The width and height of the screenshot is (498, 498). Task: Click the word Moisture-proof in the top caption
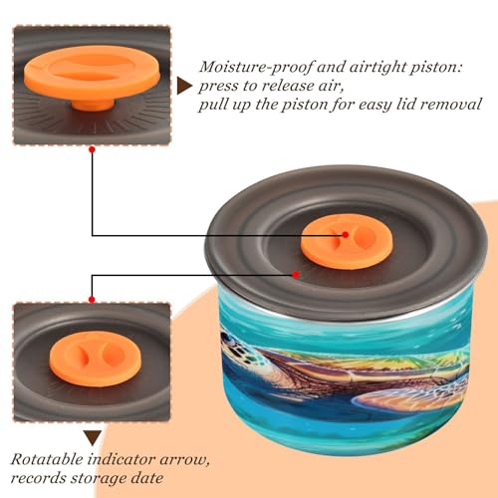(x=256, y=68)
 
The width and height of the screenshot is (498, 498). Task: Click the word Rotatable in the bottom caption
(x=47, y=459)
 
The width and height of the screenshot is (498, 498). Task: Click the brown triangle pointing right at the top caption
(x=183, y=86)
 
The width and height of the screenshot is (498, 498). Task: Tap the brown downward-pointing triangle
(x=93, y=438)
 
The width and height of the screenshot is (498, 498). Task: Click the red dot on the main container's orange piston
(x=346, y=235)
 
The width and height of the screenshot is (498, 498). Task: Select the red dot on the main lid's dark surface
(x=296, y=275)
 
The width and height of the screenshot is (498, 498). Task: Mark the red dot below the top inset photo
(x=93, y=149)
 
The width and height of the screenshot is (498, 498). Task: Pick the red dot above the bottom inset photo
(x=92, y=300)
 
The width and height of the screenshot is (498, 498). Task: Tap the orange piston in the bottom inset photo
(x=96, y=359)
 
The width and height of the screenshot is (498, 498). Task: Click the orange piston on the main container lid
(x=347, y=241)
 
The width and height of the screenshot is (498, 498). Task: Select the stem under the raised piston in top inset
(x=93, y=105)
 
